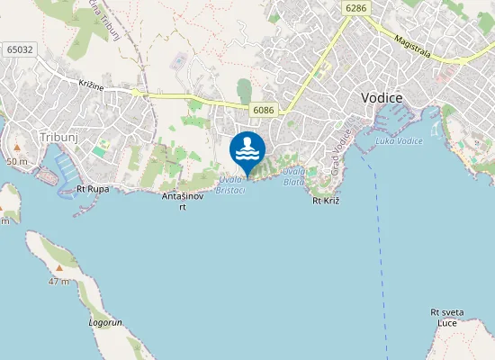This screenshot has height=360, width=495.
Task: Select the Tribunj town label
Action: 59,137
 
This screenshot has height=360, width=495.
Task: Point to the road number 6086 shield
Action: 264,111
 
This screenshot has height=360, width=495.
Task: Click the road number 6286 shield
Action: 355,7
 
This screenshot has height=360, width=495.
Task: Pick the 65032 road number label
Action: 18,49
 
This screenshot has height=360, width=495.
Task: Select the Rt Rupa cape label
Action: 92,189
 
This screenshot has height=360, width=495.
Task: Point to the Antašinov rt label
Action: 183,201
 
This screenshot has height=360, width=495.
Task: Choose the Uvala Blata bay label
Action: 293,175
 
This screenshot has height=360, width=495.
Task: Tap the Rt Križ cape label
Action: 325,201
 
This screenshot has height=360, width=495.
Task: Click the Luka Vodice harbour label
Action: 399,140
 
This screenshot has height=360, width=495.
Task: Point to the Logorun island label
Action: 105,321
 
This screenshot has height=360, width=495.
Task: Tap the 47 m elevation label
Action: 59,282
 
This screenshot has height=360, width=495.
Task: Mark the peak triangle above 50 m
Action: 16,146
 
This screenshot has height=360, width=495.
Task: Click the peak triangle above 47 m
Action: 59,267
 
